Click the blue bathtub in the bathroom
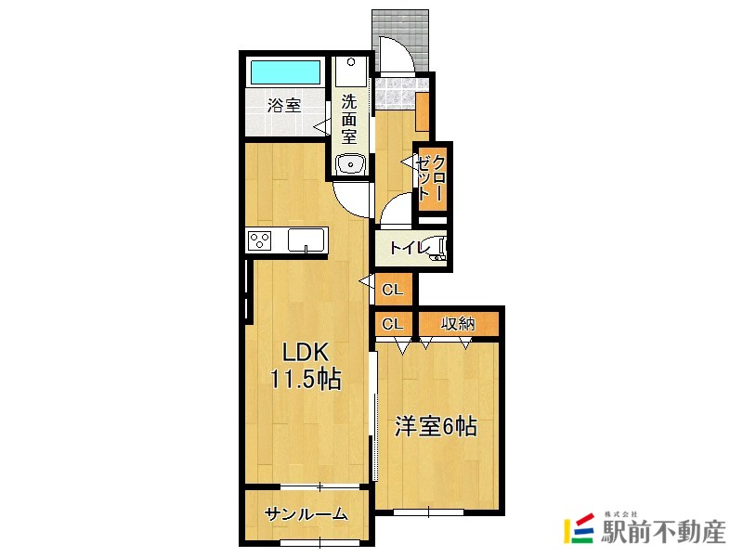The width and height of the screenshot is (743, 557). pyautogui.click(x=284, y=72)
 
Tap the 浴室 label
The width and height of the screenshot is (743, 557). pyautogui.click(x=284, y=105)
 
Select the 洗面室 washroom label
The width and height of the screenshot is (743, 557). pyautogui.click(x=349, y=118)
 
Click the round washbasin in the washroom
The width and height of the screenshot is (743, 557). pyautogui.click(x=350, y=165)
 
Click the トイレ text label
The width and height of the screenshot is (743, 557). pyautogui.click(x=409, y=248)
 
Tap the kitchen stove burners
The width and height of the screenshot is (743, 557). pyautogui.click(x=260, y=240)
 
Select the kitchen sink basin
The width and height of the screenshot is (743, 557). pyautogui.click(x=306, y=240)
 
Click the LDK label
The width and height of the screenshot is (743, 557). pyautogui.click(x=304, y=352)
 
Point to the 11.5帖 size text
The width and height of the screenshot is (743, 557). pyautogui.click(x=305, y=379)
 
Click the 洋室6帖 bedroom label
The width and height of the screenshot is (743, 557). pyautogui.click(x=436, y=426)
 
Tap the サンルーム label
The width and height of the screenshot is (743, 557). pyautogui.click(x=306, y=514)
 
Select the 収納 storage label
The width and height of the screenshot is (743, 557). pyautogui.click(x=458, y=323)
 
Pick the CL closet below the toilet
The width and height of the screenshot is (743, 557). pyautogui.click(x=393, y=290)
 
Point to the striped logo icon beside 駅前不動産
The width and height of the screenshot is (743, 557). pyautogui.click(x=580, y=529)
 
